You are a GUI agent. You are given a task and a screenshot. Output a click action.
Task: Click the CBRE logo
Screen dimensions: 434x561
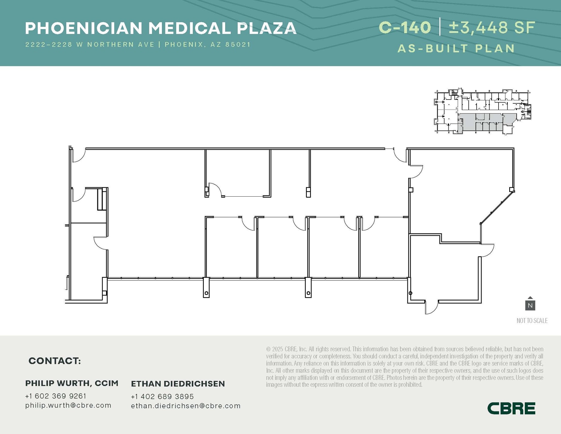click(511, 408)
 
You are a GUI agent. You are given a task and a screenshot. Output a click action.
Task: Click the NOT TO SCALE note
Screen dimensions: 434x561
click(532, 320)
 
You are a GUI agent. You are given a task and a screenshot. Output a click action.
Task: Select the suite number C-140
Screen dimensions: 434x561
click(405, 28)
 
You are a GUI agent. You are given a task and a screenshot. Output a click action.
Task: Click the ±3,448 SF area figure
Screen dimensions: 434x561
click(492, 28)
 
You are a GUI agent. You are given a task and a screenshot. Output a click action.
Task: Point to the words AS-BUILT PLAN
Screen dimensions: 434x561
click(456, 49)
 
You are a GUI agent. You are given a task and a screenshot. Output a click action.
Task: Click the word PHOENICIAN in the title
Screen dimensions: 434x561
click(84, 28)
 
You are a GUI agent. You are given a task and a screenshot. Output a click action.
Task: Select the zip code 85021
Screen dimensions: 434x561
click(238, 44)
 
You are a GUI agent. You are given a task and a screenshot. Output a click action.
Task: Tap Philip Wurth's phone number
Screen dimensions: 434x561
click(56, 396)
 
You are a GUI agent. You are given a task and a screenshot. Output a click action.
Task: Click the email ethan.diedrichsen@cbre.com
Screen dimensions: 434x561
click(186, 406)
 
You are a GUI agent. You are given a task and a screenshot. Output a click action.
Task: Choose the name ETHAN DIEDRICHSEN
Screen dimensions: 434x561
click(178, 384)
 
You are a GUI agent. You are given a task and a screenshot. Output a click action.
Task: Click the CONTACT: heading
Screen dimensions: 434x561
click(55, 361)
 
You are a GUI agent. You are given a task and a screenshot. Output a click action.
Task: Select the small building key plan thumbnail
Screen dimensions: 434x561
click(482, 112)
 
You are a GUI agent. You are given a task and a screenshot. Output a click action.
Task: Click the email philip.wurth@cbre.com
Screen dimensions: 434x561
click(68, 405)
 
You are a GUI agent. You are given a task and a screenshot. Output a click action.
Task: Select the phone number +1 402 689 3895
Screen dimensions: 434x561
click(162, 396)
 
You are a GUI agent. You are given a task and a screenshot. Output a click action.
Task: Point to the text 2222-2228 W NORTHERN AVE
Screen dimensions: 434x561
click(90, 44)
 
